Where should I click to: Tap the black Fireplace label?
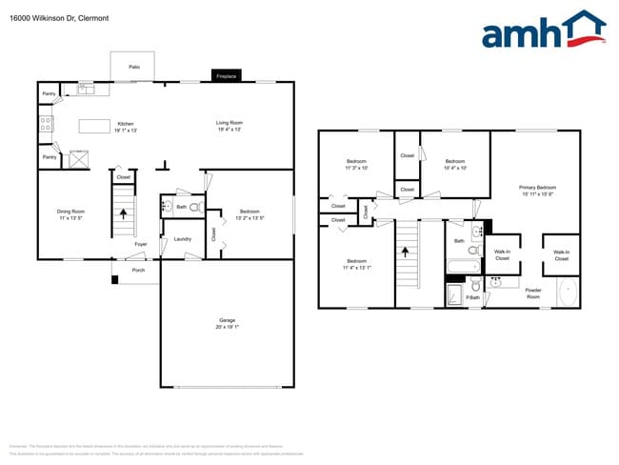coord(226,75)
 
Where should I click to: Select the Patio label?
coord(135,67)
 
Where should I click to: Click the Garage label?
coord(226,320)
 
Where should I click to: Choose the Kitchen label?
coord(126,123)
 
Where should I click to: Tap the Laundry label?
coord(183,239)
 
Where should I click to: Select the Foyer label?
coord(140,245)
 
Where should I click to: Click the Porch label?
coord(138,270)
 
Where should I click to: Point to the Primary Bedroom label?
coord(537,188)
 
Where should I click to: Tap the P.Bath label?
coord(473,298)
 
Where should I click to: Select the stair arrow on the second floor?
coord(407,253)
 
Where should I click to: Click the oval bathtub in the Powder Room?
coord(567,292)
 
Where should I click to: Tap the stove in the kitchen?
coord(44,123)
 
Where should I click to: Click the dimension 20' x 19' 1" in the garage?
coord(226,327)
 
